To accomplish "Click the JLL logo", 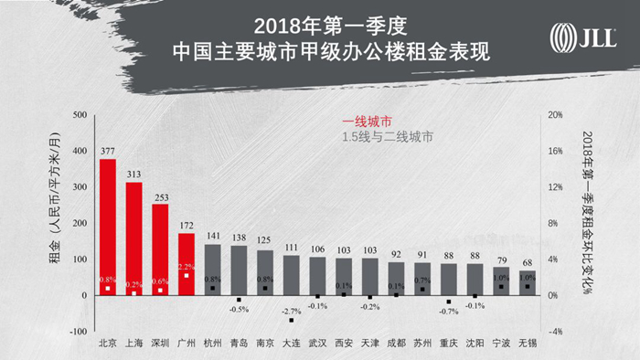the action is pos(583,37).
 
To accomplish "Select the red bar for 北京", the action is pos(108,228).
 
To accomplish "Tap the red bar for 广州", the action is pos(187,264).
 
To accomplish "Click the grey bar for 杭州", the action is pos(213,270).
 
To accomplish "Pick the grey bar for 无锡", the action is pos(528,283).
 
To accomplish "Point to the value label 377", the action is pos(108,151).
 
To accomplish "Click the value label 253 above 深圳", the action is pos(160,197).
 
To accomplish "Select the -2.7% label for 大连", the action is pos(292,311).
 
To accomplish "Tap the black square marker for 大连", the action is pos(292,321).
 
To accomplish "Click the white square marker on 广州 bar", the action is pos(187,276).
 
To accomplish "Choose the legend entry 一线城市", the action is pos(367,122).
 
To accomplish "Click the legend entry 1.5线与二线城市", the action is pos(388,137).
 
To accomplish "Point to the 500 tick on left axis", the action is pos(80,114).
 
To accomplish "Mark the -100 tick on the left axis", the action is pos(79,332).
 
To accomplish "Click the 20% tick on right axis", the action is pos(555,114).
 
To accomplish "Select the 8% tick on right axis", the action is pos(552,223).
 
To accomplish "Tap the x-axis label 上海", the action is pos(133,343).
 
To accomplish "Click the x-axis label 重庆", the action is pos(449,343).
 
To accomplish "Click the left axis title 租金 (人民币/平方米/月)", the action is pos(55,198).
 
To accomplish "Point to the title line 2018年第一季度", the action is pos(331,26).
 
